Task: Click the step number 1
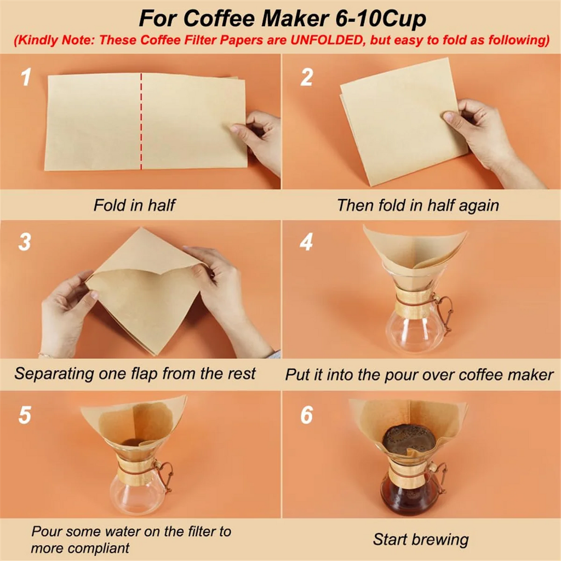pos(26,78)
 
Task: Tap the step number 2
pos(306,78)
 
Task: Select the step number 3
pos(25,242)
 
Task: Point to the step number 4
pos(306,242)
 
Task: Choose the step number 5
pos(25,415)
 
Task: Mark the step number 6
pos(306,415)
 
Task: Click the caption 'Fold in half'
pos(134,205)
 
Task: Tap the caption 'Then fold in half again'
pos(417,205)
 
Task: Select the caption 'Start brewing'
pos(421,539)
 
